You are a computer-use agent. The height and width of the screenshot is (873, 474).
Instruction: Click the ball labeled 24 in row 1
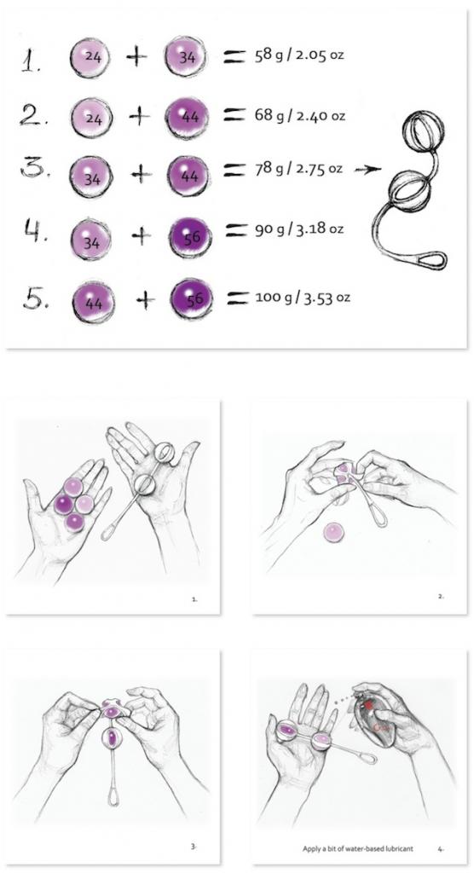pyautogui.click(x=90, y=57)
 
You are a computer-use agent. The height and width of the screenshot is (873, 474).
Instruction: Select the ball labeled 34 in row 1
pyautogui.click(x=186, y=56)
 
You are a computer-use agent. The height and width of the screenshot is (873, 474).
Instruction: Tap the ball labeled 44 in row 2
pyautogui.click(x=188, y=117)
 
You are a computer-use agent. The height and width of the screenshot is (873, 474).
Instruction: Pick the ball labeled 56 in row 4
pyautogui.click(x=190, y=237)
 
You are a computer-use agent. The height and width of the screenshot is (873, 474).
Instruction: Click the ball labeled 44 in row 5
pyautogui.click(x=94, y=303)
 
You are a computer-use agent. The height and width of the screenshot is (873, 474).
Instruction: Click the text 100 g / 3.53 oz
pyautogui.click(x=303, y=297)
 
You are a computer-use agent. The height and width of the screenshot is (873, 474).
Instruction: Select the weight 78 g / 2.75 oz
pyautogui.click(x=298, y=169)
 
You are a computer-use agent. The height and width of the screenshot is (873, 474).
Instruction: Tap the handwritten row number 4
pyautogui.click(x=36, y=230)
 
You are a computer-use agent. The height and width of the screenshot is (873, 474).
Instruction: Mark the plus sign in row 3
pyautogui.click(x=142, y=175)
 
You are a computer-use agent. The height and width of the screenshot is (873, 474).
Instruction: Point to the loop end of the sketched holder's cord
pyautogui.click(x=430, y=260)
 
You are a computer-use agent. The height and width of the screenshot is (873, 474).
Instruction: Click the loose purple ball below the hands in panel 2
pyautogui.click(x=334, y=533)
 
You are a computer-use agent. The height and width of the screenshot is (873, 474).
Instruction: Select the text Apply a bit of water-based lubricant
pyautogui.click(x=357, y=848)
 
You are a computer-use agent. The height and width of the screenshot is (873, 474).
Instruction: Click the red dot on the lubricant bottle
pyautogui.click(x=369, y=705)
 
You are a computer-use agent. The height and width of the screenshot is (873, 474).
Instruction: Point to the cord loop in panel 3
pyautogui.click(x=113, y=797)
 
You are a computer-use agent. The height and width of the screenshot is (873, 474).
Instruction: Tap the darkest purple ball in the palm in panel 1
pyautogui.click(x=63, y=505)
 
